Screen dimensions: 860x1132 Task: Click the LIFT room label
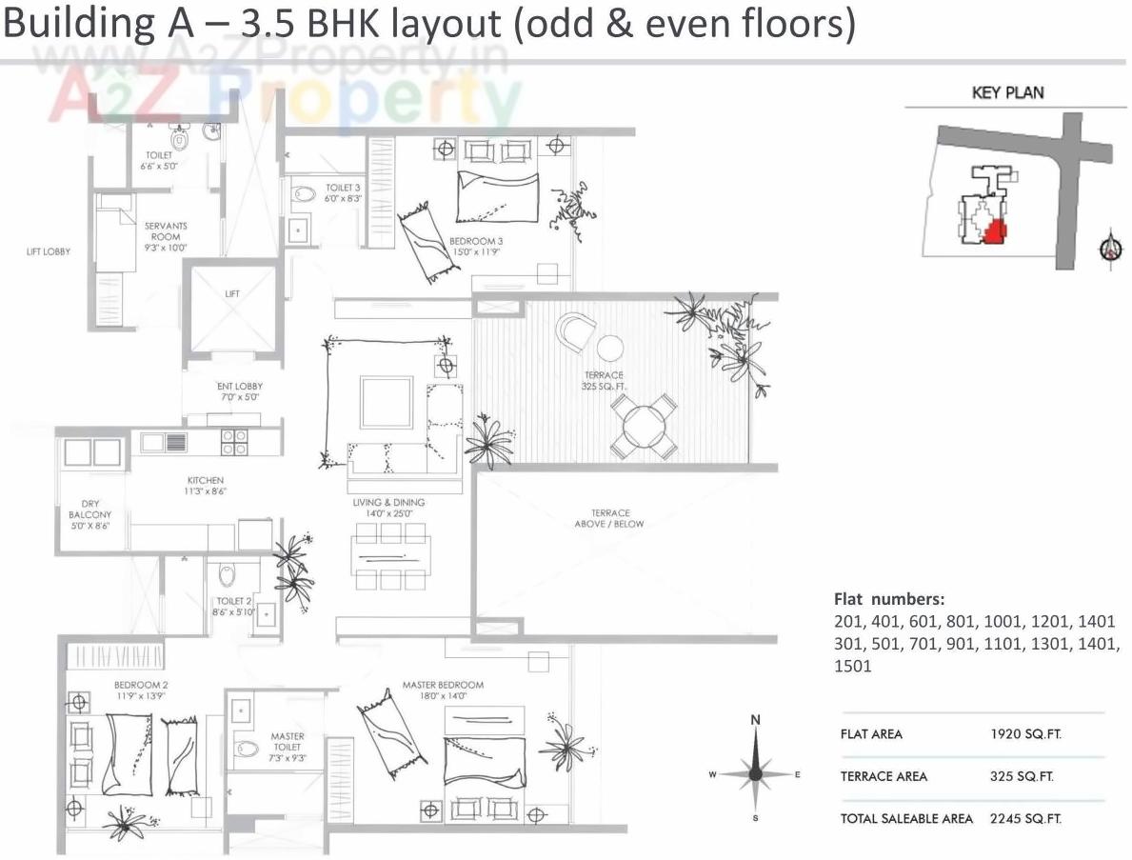point(232,294)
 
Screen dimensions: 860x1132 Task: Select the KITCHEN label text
point(206,486)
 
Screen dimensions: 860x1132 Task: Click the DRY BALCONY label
point(90,514)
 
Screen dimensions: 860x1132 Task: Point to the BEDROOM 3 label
point(476,247)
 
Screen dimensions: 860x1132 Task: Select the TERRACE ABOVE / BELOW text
point(609,518)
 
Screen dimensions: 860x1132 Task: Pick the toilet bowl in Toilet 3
point(304,193)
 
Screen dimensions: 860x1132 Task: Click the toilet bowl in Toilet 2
point(227,575)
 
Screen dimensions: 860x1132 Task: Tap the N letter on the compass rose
point(755,720)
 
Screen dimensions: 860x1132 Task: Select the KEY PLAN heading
point(1007,92)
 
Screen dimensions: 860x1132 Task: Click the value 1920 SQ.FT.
point(1025,734)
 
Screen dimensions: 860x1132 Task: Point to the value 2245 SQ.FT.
point(1025,818)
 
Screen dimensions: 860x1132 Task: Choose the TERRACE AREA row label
point(884,776)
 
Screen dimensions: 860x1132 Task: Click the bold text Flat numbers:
point(889,599)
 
